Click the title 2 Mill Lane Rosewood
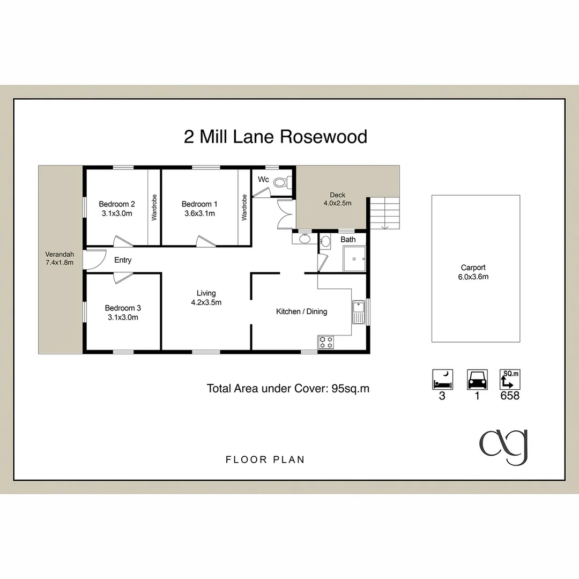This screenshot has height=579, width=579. (276, 137)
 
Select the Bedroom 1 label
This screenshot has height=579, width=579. (199, 204)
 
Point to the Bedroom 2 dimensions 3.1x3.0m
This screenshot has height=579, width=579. (117, 213)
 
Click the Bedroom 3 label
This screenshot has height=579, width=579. (123, 308)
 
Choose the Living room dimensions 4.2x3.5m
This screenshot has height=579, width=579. (206, 302)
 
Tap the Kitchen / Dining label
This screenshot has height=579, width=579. (301, 311)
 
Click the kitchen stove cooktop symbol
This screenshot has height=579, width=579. (326, 342)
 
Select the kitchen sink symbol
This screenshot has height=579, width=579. (358, 312)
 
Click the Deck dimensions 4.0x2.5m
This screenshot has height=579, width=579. (337, 203)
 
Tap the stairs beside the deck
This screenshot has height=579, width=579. (384, 213)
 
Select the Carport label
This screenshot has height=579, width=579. (473, 268)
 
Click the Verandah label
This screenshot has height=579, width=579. (60, 254)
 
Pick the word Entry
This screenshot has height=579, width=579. (123, 261)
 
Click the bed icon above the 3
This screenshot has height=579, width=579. (443, 379)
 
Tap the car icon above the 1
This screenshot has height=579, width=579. (477, 379)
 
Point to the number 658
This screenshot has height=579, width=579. (510, 396)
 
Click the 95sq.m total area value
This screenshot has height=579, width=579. (351, 389)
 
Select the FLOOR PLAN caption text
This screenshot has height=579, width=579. (265, 459)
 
